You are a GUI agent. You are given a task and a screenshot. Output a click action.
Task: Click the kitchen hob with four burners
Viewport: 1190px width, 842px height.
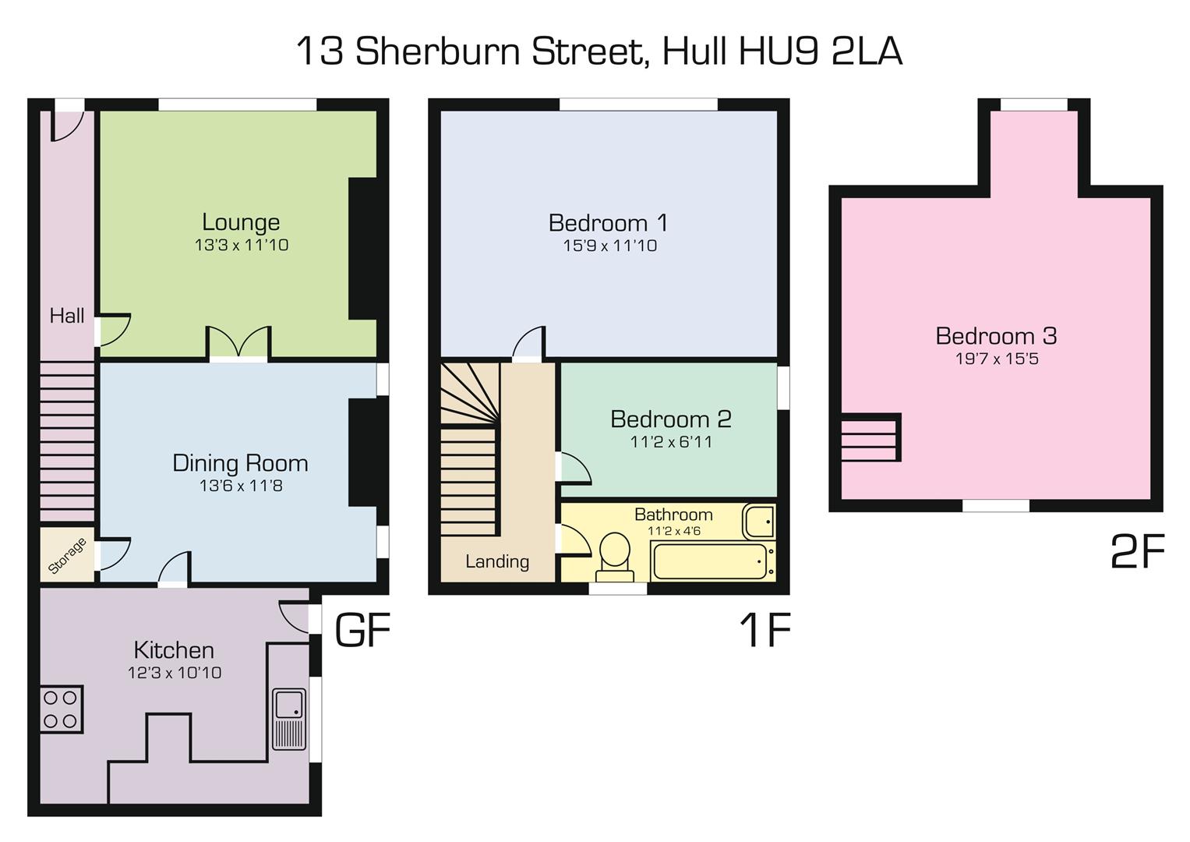click(x=61, y=709)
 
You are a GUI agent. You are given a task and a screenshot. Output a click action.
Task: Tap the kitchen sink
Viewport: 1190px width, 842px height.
click(x=289, y=718)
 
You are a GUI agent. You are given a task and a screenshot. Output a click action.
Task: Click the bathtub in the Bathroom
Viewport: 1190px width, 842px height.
click(x=711, y=561)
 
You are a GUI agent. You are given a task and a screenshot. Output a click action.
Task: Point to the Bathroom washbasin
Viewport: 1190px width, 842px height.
click(x=758, y=521)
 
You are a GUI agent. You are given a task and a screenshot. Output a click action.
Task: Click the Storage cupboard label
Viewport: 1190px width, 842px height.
click(x=67, y=556)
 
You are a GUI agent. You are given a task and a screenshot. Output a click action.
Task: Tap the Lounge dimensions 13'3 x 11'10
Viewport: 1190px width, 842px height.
click(x=242, y=245)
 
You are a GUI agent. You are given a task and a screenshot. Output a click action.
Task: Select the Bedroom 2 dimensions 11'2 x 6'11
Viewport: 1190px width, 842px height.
click(x=671, y=442)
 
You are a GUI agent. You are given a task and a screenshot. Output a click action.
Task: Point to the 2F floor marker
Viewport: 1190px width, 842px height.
click(x=1137, y=552)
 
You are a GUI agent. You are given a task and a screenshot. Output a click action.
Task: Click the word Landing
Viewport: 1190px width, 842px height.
click(x=497, y=561)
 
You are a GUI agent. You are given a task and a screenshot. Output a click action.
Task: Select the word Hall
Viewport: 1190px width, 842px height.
click(x=67, y=316)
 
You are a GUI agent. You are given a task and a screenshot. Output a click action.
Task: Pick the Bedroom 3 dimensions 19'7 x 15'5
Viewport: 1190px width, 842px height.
click(x=997, y=359)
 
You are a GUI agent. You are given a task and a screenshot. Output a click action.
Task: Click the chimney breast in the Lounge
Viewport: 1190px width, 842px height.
click(x=362, y=248)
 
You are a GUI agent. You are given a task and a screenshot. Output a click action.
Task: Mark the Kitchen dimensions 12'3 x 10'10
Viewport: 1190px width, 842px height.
click(x=175, y=673)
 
